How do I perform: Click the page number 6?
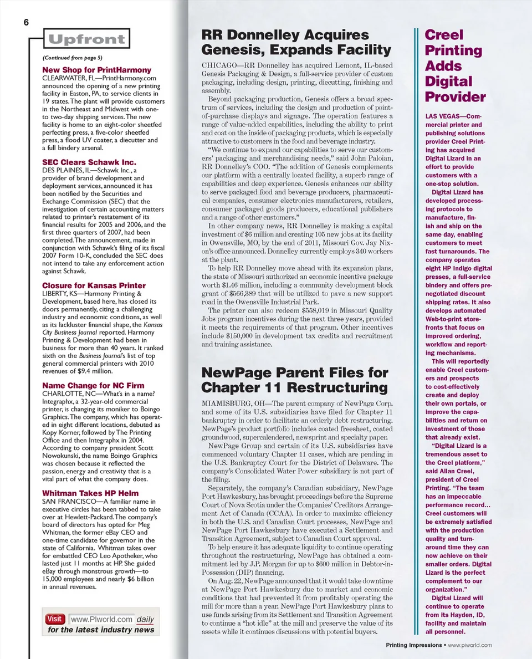26,23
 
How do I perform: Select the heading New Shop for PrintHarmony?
96,70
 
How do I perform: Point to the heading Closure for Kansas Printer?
94,285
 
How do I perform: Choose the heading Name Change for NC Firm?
93,385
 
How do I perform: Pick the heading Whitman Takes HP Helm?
90,493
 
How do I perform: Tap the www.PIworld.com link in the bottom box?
102,619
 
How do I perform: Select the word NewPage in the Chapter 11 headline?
233,372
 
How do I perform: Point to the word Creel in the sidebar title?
444,34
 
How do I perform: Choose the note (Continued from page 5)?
72,58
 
